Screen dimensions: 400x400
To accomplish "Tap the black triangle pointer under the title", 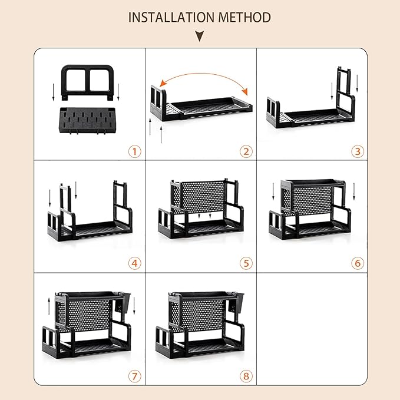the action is (x=200, y=36).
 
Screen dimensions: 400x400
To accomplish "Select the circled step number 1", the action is (x=135, y=151).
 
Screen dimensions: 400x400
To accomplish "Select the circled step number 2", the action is (x=246, y=151).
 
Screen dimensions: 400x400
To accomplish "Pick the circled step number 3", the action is (x=358, y=151).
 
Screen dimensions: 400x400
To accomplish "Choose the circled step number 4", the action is (x=135, y=263).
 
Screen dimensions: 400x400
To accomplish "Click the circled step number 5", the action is (x=246, y=263).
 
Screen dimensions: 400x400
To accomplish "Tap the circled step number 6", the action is (x=358, y=263).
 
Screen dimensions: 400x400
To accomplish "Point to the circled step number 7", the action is (x=135, y=376).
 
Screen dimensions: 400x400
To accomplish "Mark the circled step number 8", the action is (x=246, y=376).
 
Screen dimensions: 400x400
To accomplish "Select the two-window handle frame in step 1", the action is (x=87, y=67).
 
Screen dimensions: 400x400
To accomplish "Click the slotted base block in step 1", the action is (x=87, y=120).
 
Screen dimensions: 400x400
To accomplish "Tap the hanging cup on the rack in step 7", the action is (x=123, y=302).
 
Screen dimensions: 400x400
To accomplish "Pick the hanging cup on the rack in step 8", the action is (x=236, y=302).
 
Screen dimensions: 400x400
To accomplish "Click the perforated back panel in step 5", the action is (x=203, y=197).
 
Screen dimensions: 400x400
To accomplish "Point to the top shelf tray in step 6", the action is (x=313, y=183).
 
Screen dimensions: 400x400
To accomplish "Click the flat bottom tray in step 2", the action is (x=211, y=107).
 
